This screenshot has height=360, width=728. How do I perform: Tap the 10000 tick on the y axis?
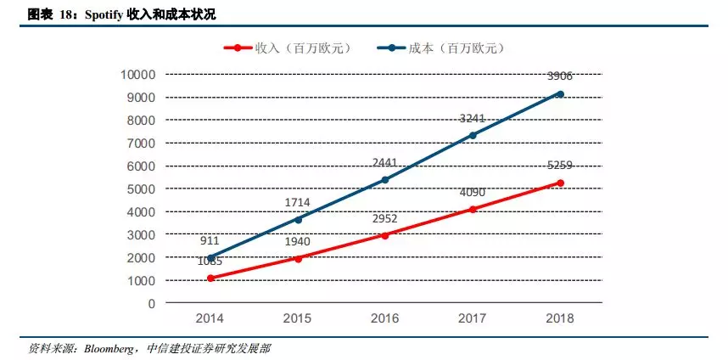(137, 75)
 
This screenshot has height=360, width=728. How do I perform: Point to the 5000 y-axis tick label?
(140, 188)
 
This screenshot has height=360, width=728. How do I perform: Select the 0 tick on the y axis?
(151, 303)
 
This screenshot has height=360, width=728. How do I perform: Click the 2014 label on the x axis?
(210, 320)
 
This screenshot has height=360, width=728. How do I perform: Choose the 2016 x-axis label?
(385, 320)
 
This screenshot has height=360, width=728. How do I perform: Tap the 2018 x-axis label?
(560, 320)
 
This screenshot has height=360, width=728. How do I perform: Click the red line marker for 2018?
(560, 183)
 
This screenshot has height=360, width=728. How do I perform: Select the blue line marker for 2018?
(560, 94)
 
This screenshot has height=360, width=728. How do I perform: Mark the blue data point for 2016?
(385, 180)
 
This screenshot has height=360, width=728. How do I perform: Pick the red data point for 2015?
(298, 258)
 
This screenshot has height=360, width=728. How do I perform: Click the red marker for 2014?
(210, 278)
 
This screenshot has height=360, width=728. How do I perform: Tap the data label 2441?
(385, 163)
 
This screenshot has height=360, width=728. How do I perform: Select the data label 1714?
(298, 203)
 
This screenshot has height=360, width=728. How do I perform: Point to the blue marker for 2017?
(473, 135)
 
